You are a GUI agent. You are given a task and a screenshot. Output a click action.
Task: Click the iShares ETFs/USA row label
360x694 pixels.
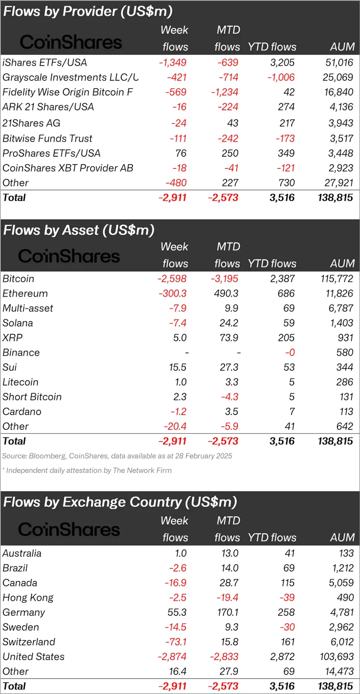[x=44, y=63]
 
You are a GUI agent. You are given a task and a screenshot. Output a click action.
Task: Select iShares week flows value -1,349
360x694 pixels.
[x=173, y=63]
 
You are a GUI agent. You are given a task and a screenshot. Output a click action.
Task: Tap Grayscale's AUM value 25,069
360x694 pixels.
[x=338, y=77]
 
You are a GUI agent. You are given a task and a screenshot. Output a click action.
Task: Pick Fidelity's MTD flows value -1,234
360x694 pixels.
[x=224, y=92]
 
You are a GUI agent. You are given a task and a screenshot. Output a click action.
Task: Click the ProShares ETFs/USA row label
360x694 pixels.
[x=51, y=153]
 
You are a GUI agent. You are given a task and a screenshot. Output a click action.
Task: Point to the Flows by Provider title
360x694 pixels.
[x=88, y=11]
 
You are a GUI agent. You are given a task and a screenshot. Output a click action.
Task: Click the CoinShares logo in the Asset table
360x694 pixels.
[x=69, y=256]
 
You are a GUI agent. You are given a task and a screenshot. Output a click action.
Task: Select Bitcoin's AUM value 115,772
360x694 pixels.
[x=336, y=279]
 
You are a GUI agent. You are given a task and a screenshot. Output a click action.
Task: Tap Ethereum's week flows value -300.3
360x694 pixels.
[x=172, y=293]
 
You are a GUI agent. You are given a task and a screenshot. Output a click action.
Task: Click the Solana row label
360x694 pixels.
[x=18, y=323]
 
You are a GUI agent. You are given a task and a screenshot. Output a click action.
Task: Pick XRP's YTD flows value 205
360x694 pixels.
[x=286, y=338]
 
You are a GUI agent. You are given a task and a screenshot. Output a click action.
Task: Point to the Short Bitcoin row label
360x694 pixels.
[x=32, y=397]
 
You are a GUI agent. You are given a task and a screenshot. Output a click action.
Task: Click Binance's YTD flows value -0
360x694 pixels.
[x=290, y=353]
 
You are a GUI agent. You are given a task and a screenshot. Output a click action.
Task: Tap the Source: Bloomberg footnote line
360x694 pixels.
[x=117, y=456]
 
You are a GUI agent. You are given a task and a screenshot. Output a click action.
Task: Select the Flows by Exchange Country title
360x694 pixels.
[x=120, y=502]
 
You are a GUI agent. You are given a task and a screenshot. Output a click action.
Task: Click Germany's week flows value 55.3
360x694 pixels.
[x=177, y=612]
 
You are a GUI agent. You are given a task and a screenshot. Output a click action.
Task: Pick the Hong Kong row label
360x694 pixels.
[x=28, y=598]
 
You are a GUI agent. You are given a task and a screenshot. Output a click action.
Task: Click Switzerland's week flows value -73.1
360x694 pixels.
[x=176, y=642]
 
